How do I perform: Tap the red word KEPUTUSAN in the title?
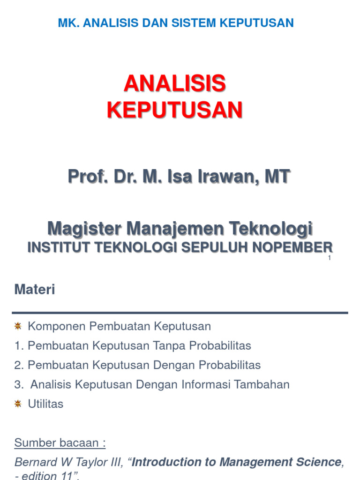tap(174, 110)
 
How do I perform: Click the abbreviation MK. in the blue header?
tap(68, 22)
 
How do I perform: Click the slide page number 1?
tap(330, 258)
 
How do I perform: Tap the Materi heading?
tap(35, 290)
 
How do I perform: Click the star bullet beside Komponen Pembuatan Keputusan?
tap(18, 326)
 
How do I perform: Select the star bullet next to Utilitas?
tap(18, 404)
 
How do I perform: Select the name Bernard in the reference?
tap(34, 462)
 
